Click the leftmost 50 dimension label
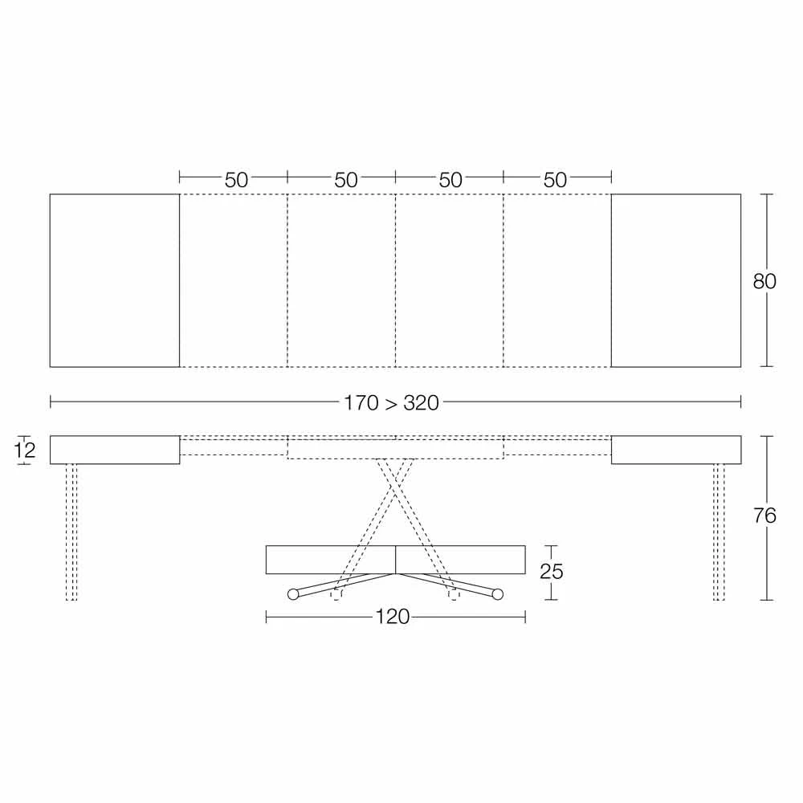point(236,180)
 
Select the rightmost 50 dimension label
point(555,180)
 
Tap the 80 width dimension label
point(764,281)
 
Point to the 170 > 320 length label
point(391,403)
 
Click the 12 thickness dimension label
point(24,450)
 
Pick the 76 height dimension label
point(764,516)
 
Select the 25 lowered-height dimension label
point(551,572)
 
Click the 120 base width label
point(393,617)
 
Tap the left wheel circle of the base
point(293,594)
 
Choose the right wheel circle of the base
point(497,594)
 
